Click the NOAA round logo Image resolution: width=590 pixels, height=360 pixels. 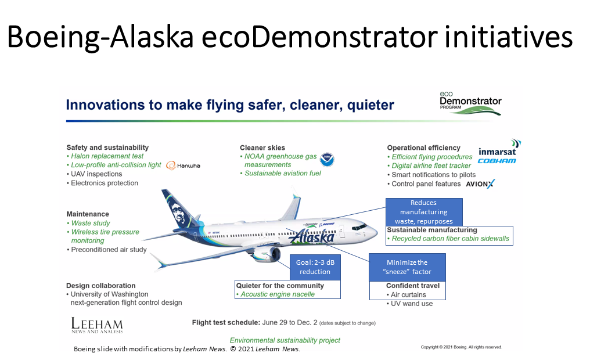click(327, 160)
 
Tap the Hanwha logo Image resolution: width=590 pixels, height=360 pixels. click(184, 165)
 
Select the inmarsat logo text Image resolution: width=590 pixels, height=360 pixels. click(497, 152)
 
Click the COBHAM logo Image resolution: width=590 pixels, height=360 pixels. click(497, 161)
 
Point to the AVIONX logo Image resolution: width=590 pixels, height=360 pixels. click(480, 184)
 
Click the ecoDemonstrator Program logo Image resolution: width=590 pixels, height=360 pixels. click(470, 103)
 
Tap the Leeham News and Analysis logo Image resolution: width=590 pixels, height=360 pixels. click(97, 325)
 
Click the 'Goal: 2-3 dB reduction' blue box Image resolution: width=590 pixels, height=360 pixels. click(315, 267)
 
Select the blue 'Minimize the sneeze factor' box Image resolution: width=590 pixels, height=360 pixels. click(407, 267)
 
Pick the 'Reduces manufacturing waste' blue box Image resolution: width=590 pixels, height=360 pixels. click(424, 212)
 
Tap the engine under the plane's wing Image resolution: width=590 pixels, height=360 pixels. click(267, 255)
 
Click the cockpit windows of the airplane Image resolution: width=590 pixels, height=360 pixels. click(359, 227)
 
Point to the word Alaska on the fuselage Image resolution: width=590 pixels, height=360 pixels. click(311, 237)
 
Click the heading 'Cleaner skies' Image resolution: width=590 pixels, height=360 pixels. click(262, 148)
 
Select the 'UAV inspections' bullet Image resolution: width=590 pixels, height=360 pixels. click(95, 174)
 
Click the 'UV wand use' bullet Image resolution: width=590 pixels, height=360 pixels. click(409, 304)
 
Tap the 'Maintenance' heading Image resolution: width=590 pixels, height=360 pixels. click(88, 214)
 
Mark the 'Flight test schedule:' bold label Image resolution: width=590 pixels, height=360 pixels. click(226, 322)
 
